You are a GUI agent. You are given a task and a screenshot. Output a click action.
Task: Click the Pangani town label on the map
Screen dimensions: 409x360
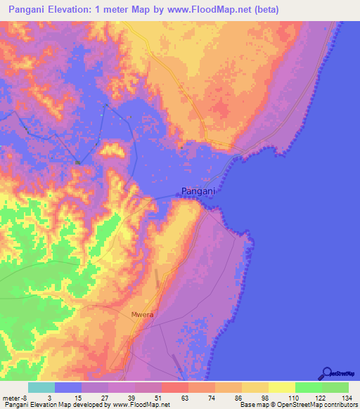coord(197,190)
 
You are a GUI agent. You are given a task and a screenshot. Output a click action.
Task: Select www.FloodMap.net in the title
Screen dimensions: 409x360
coord(217,10)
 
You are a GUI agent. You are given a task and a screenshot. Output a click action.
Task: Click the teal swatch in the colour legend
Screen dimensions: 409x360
coord(41,388)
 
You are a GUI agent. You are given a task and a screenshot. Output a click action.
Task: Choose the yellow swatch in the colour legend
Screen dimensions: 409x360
coord(281,388)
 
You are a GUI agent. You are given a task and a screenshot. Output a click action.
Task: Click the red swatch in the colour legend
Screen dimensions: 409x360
coord(175,388)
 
